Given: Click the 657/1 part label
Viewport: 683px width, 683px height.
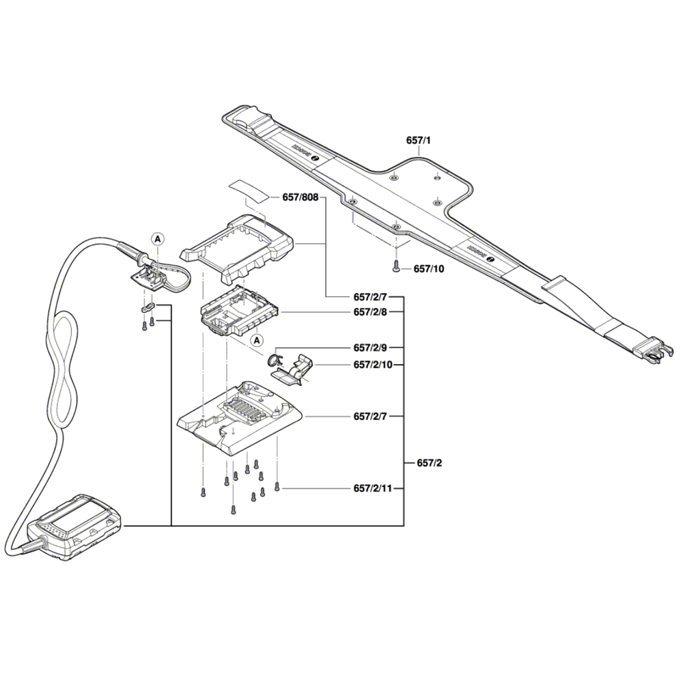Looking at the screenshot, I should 419,140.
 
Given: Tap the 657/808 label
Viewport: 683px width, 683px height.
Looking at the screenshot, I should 300,197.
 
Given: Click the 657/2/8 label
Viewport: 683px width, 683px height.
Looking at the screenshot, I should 370,312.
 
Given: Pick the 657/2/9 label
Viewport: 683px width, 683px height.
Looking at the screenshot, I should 370,347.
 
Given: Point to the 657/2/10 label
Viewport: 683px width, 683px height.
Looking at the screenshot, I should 373,365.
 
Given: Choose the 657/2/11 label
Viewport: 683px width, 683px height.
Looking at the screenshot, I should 373,489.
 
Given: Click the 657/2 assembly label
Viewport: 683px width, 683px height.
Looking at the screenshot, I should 430,463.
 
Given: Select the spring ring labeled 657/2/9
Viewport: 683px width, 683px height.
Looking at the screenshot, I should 274,361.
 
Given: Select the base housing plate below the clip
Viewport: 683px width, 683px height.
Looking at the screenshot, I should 239,417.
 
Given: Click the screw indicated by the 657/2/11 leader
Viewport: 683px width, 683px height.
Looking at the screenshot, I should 277,487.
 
